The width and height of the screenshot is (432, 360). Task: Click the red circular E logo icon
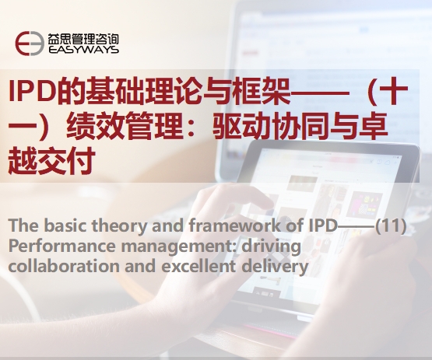30,44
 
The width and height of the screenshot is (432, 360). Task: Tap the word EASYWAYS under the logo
83,50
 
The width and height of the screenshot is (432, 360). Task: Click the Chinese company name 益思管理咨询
83,39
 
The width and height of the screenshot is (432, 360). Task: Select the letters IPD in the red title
31,90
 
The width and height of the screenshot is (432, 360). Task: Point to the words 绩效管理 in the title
125,126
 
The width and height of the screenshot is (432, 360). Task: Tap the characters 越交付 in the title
52,161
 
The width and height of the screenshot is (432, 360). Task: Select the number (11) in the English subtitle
391,225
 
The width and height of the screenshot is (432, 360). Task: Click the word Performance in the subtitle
61,246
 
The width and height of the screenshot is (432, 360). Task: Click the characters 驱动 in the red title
241,126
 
